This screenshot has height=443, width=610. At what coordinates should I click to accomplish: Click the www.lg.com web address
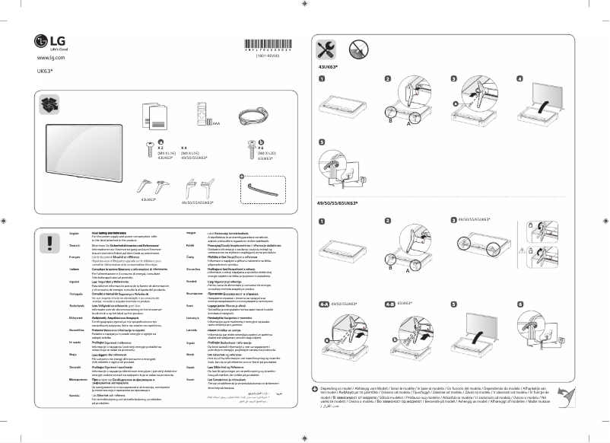click(50, 57)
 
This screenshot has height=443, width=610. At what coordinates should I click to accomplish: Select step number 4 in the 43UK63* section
click(519, 79)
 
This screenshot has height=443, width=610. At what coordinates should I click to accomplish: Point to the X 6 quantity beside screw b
click(250, 148)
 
